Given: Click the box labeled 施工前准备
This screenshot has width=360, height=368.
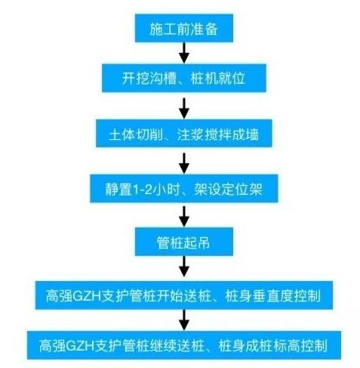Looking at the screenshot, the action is point(184,28).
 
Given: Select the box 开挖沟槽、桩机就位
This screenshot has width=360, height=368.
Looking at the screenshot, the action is point(184,78).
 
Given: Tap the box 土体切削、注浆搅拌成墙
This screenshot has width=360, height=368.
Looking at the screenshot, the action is point(184,133).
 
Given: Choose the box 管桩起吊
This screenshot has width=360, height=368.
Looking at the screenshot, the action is point(184,242).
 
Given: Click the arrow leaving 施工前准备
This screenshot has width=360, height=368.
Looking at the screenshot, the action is point(184,53).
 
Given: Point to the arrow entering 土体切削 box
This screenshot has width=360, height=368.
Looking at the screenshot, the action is point(184,108).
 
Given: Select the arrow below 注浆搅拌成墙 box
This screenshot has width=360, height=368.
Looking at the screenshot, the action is point(184,163).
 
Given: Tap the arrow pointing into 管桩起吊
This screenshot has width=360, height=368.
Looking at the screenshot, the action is point(184,217).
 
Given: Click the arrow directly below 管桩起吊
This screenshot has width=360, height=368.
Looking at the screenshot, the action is point(184,267).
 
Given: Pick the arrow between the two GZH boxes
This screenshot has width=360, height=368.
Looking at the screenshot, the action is point(184,320).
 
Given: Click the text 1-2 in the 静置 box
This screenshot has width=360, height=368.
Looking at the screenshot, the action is point(142,190).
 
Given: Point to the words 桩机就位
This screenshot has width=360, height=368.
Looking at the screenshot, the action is point(218,79).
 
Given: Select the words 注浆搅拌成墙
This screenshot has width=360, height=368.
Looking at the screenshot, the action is point(218,134).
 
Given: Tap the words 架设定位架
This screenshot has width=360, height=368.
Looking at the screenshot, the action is point(228,189).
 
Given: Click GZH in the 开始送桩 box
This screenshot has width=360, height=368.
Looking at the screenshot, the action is point(87,296).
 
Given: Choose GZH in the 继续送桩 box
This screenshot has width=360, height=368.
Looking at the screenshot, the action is point(80,346).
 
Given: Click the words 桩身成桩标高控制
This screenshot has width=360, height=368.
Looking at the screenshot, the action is point(272,345).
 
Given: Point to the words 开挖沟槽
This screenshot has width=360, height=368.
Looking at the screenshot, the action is point(149,79).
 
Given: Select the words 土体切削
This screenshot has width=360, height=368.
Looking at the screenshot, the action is point(136,134).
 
